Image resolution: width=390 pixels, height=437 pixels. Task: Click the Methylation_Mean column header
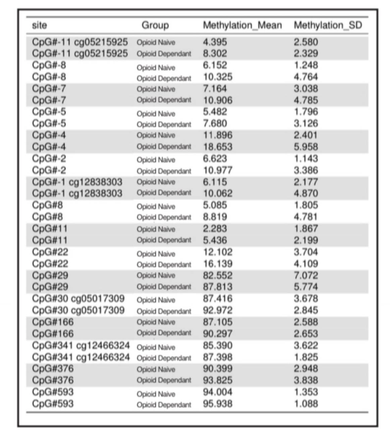242,25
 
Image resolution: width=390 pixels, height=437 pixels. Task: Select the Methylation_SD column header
328,25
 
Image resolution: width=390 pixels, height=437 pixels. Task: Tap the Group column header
155,25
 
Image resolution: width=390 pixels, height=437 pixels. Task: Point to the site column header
39,25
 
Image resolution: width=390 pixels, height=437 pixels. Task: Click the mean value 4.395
215,42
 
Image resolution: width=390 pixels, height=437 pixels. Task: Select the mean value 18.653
217,147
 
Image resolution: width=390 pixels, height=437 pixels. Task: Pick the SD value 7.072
306,275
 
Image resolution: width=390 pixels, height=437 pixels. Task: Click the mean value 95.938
217,403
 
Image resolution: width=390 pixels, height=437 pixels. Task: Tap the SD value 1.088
306,403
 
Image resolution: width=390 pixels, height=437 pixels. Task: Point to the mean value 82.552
217,275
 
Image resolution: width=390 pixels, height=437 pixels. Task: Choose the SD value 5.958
306,147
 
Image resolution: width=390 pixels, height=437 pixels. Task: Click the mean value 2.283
215,229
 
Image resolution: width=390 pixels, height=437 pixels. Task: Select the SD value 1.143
306,158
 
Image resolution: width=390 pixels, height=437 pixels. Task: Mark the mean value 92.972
217,310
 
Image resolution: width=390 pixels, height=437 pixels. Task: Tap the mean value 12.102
217,252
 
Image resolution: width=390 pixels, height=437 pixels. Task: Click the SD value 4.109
306,264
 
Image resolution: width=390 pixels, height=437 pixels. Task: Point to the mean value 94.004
217,392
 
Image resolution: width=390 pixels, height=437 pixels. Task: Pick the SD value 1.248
306,65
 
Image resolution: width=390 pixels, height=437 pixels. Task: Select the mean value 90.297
217,334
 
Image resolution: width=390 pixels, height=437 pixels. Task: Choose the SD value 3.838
306,380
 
